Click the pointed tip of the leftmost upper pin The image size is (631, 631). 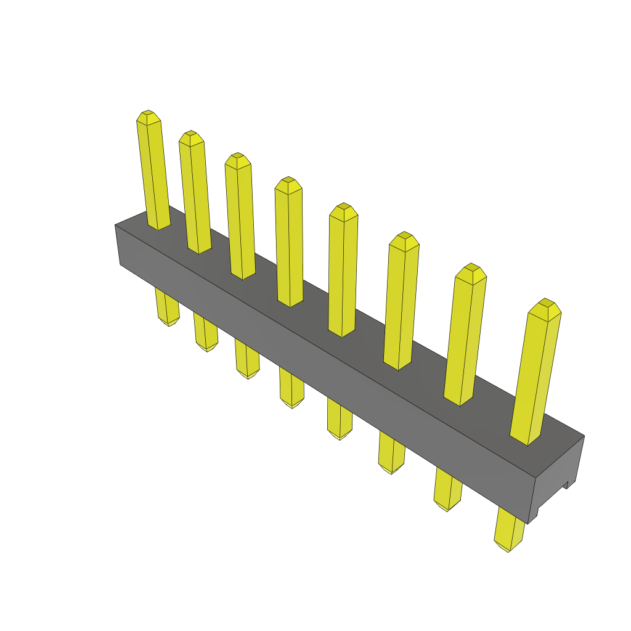148,116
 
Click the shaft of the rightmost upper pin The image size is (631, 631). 535,379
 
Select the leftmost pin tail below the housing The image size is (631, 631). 167,307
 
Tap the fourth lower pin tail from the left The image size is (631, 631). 291,387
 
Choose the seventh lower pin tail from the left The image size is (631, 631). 447,490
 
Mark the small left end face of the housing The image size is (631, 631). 118,245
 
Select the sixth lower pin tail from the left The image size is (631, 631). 391,453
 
